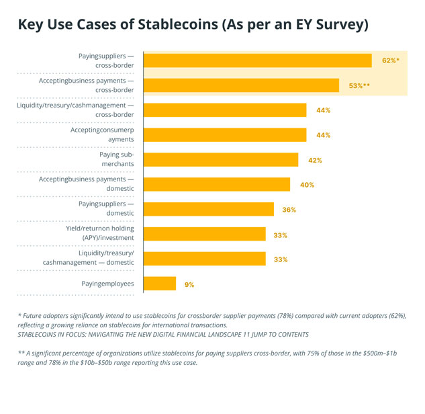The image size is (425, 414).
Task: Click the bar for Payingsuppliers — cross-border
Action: [258, 60]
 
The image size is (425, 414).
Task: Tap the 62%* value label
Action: [390, 60]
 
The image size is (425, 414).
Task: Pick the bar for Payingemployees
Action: [160, 284]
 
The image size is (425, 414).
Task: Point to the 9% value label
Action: [189, 285]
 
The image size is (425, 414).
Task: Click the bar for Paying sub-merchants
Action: [221, 160]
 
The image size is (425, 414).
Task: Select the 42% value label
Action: [315, 161]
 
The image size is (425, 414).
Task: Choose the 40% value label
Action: [308, 185]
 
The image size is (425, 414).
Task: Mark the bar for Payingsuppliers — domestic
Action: [209, 210]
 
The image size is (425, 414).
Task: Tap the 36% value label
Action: [289, 210]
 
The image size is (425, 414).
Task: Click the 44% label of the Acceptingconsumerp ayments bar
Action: [323, 135]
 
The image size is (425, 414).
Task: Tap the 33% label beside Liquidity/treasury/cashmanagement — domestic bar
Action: [281, 259]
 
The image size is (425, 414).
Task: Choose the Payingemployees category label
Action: [103, 284]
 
